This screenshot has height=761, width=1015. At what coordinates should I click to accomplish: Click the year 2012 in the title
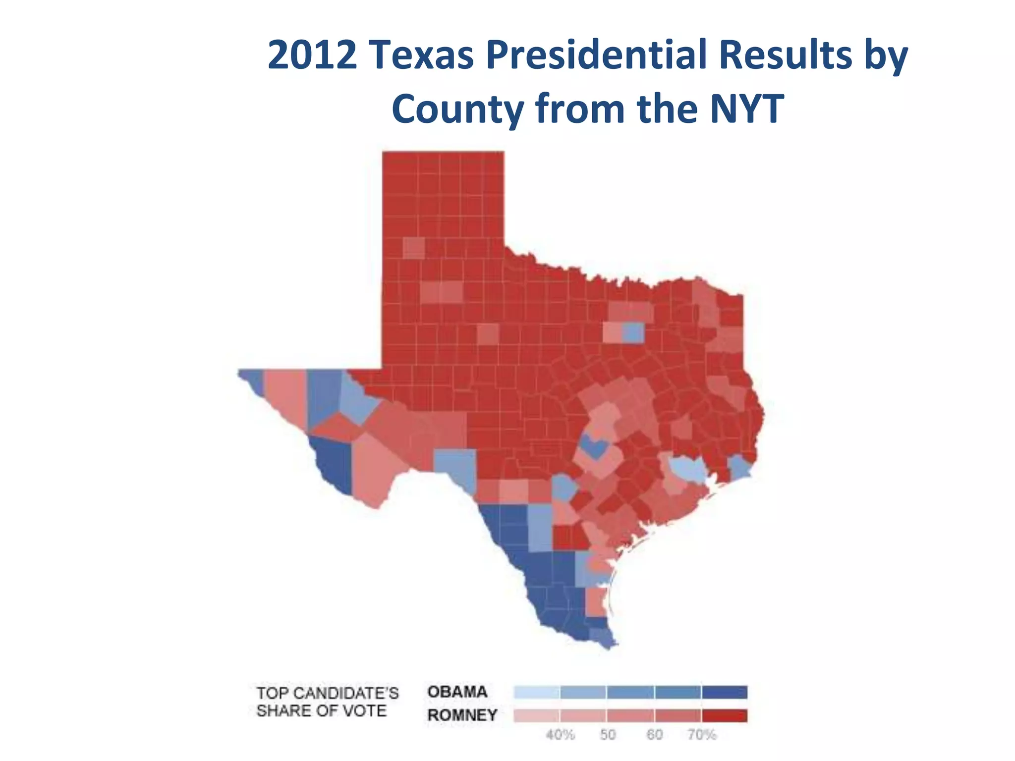(312, 55)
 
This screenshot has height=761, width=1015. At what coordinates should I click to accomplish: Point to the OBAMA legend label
(457, 692)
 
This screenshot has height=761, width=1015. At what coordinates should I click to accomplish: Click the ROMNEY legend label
(462, 715)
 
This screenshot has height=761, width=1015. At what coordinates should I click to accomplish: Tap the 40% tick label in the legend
(560, 735)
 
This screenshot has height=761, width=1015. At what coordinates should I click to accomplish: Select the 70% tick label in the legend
(702, 735)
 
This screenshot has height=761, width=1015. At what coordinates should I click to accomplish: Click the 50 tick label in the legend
(608, 735)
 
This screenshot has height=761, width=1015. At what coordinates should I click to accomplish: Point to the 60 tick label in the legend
(654, 735)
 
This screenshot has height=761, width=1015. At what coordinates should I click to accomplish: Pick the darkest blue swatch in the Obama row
(725, 692)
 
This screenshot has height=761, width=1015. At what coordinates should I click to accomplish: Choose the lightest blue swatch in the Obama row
(537, 692)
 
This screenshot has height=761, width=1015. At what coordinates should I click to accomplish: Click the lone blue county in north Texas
(633, 332)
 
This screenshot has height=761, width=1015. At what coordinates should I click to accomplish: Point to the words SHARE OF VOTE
(321, 711)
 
